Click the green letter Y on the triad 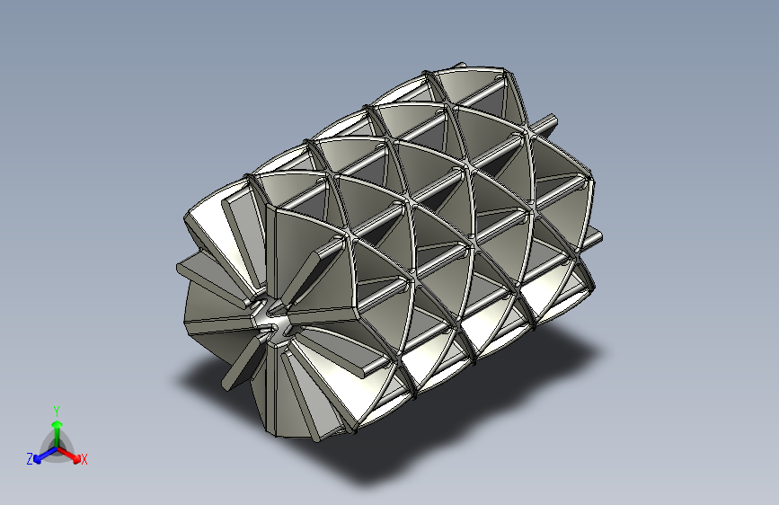[57, 411]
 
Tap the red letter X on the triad [84, 459]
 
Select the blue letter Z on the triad [30, 459]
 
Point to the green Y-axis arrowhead [58, 424]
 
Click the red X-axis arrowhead [76, 457]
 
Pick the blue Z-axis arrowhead [38, 459]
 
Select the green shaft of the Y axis [58, 438]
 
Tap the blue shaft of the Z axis [49, 453]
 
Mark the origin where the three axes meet [58, 448]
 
